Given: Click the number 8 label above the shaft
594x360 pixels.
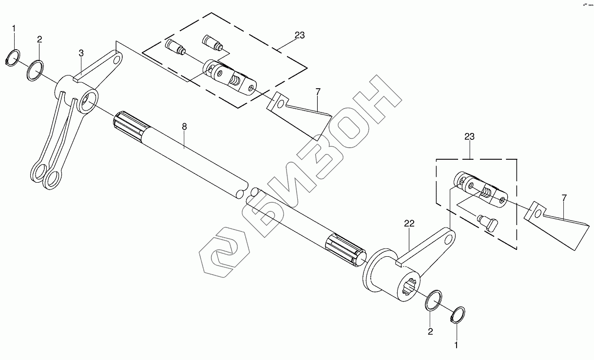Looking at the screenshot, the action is pos(184,127).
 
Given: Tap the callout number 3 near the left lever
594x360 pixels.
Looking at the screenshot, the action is pos(81,53).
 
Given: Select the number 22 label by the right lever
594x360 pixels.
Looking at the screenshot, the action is pos(408,223).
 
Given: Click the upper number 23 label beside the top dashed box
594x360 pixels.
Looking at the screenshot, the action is pos(299,35).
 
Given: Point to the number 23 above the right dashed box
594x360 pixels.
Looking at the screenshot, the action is pos(469,137).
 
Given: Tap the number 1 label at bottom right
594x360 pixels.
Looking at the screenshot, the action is pos(457,345).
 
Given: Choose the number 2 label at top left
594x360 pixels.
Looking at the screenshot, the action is pos(39,38).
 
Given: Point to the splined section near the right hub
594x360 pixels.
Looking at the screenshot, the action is pos(343,247).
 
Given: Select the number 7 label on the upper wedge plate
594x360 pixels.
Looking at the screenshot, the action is pos(318,92).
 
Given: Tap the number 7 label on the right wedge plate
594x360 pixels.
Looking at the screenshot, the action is pos(564,198).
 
